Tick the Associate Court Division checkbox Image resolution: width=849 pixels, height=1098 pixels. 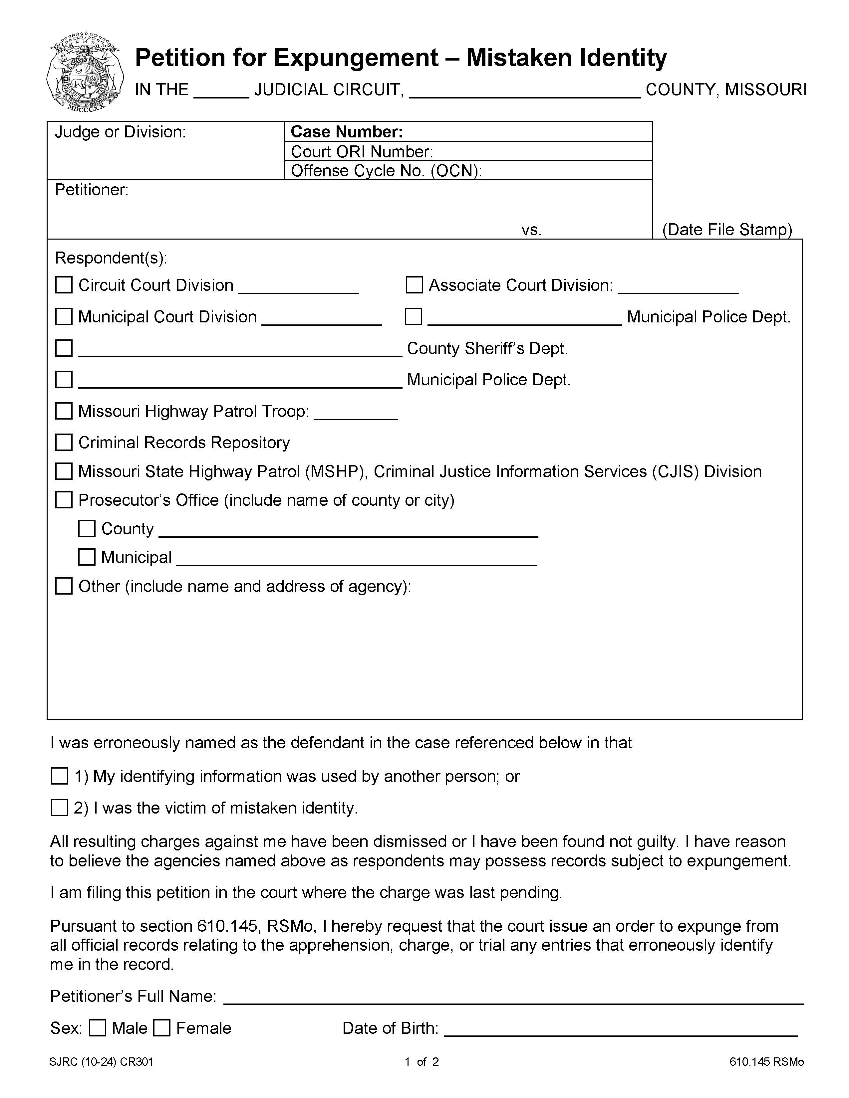point(414,285)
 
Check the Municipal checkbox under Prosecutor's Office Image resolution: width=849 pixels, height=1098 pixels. point(87,557)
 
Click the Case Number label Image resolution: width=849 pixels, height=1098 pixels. point(347,132)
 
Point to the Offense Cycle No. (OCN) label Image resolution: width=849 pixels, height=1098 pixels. point(386,171)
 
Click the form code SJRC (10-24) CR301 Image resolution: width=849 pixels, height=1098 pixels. point(102,1062)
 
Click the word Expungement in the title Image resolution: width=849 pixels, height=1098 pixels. point(356,58)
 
